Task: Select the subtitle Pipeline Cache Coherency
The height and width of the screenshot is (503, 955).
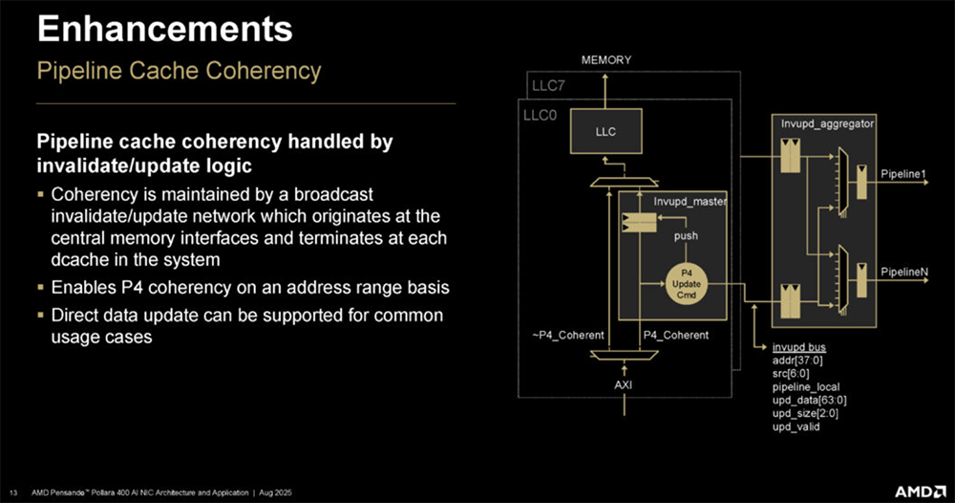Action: [x=178, y=71]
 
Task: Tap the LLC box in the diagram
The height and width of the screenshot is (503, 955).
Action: [x=605, y=131]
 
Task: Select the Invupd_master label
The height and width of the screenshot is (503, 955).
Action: [x=690, y=202]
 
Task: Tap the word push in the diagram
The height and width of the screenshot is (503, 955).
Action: [x=686, y=235]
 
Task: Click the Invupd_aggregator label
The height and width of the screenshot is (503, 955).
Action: [x=821, y=124]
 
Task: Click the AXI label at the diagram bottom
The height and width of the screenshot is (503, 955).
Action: [x=623, y=384]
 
